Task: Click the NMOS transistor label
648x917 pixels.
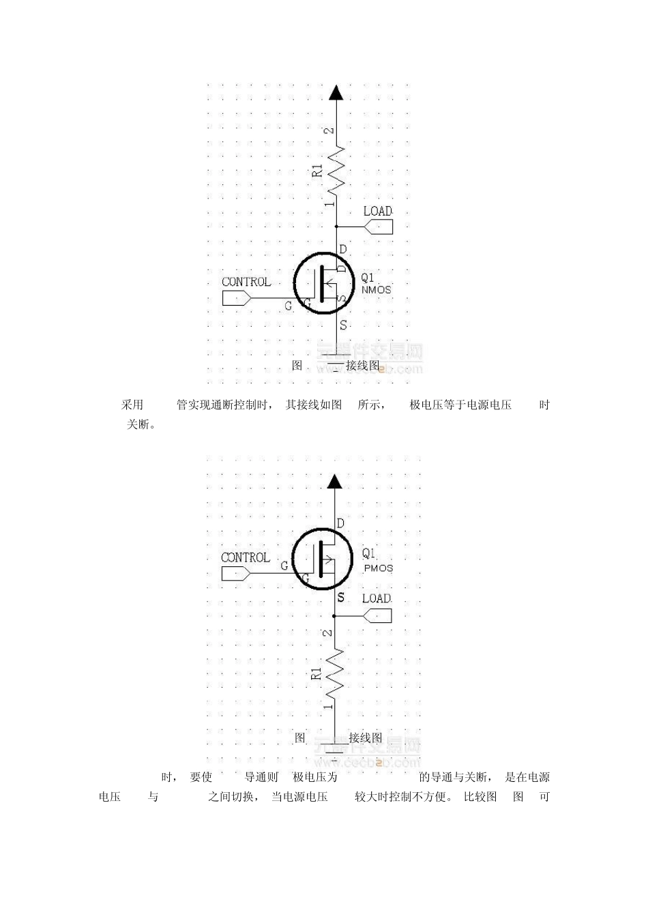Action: (376, 290)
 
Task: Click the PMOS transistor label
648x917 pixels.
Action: (379, 568)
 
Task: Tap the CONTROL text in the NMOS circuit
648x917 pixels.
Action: (246, 282)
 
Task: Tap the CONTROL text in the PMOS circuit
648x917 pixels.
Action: (246, 557)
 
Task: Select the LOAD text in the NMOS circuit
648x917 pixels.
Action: (377, 211)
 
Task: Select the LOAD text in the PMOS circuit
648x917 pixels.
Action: (377, 598)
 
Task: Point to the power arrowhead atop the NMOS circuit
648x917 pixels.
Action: (335, 92)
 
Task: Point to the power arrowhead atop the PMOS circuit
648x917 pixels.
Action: (335, 482)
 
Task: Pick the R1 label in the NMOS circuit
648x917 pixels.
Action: (317, 171)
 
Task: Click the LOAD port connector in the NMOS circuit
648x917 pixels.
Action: (379, 227)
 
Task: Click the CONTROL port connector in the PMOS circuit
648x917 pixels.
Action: (236, 573)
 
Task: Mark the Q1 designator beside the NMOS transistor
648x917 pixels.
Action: (368, 278)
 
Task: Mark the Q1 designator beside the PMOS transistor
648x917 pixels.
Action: (369, 553)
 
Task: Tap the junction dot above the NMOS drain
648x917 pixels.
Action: (335, 227)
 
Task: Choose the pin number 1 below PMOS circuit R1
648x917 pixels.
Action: (329, 707)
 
